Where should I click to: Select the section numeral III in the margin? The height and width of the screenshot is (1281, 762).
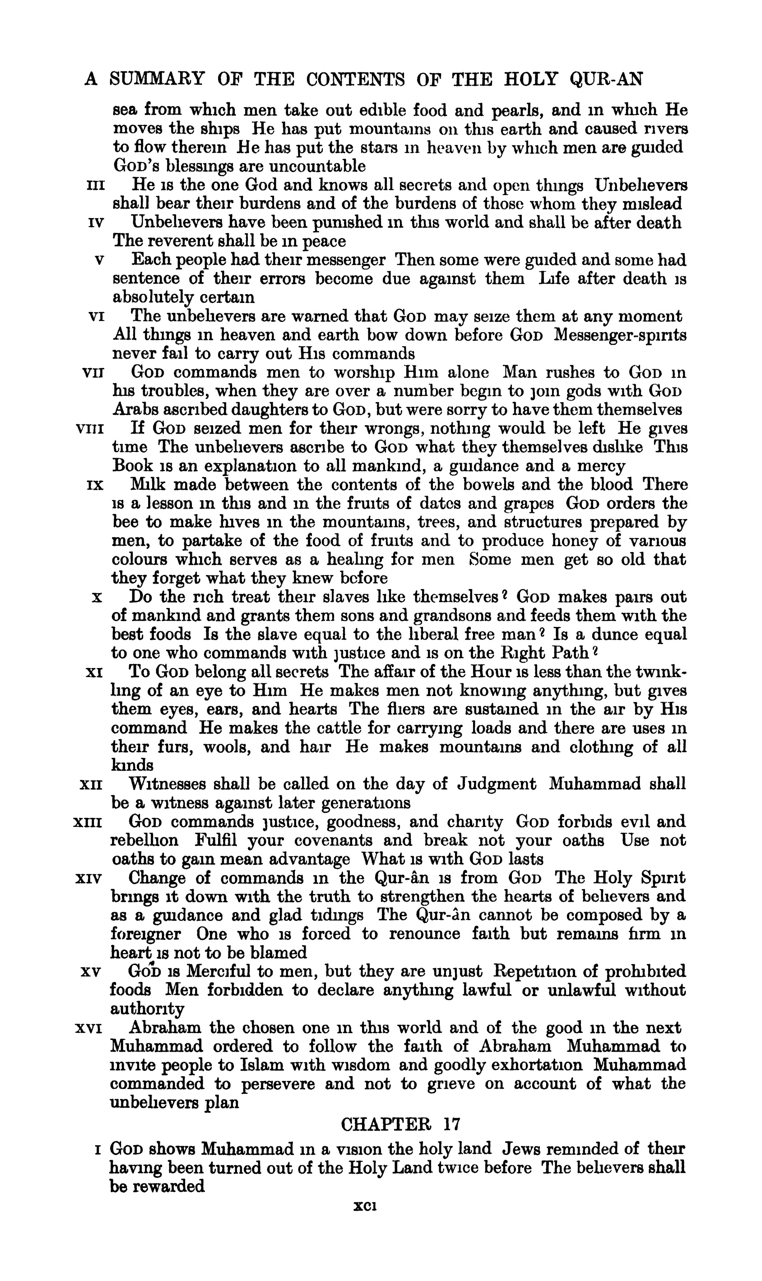[x=96, y=185]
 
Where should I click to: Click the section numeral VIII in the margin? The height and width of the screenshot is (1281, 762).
[x=89, y=429]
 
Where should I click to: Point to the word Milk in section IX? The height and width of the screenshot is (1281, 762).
[x=148, y=485]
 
